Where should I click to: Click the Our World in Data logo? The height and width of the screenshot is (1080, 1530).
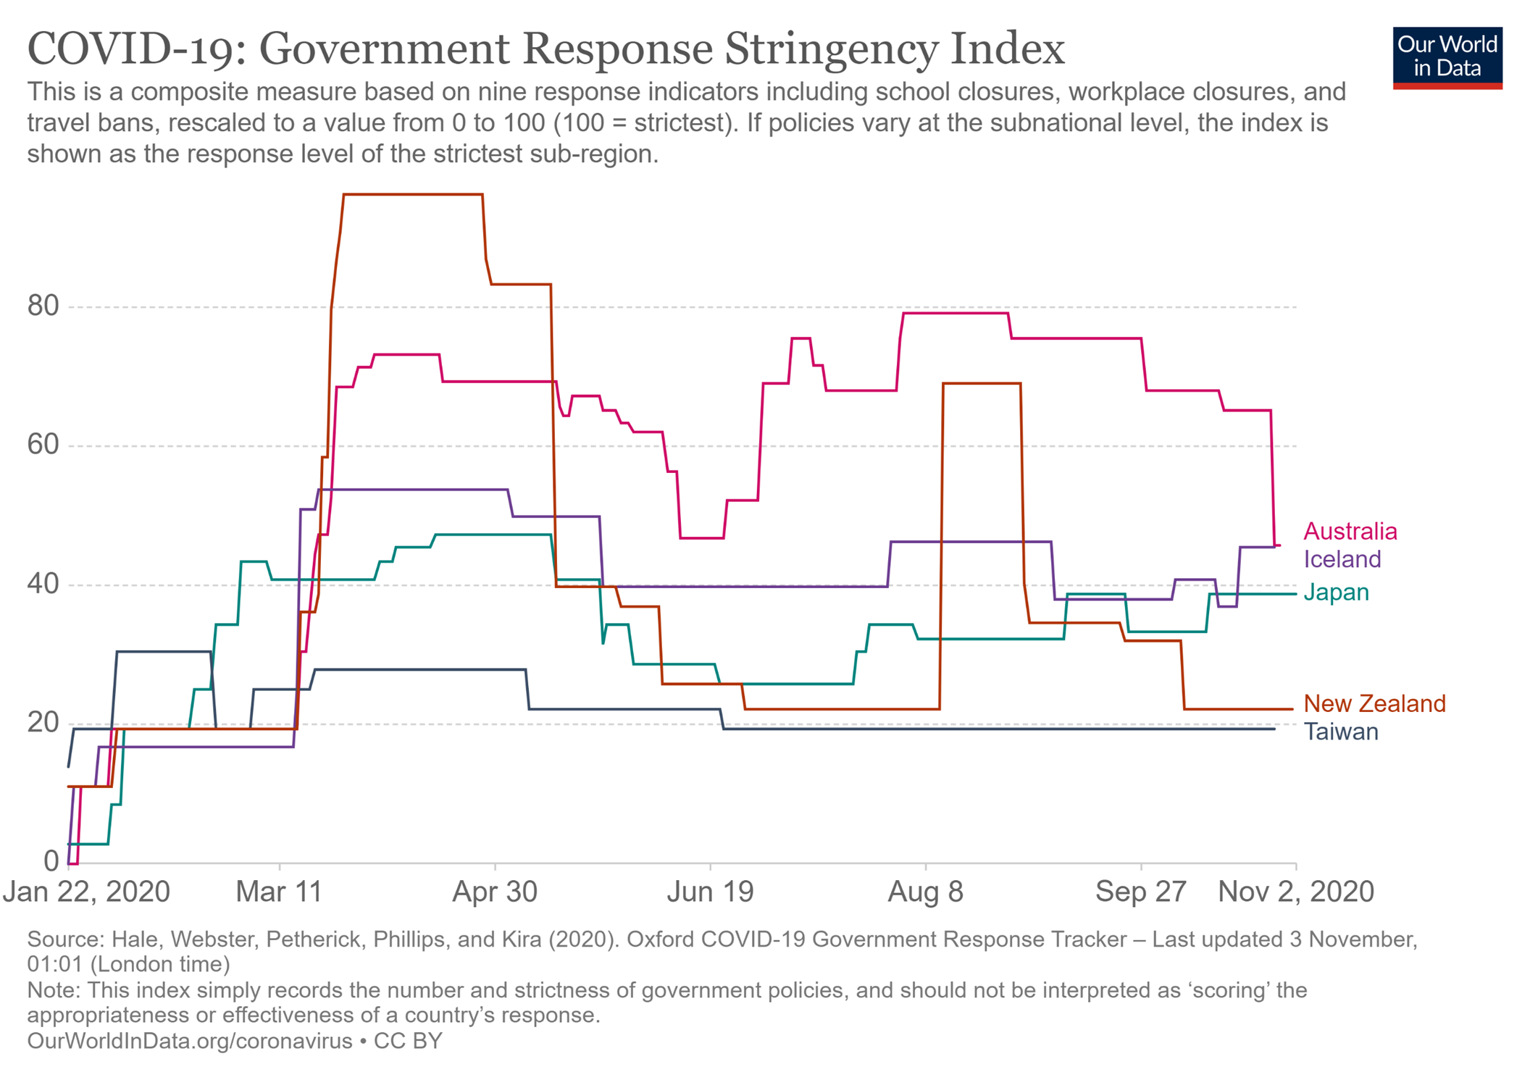coord(1447,58)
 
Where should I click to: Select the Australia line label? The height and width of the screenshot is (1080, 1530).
coord(1350,532)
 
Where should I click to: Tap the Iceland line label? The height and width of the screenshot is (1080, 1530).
coord(1342,559)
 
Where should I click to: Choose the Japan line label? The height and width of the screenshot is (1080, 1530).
coord(1336,593)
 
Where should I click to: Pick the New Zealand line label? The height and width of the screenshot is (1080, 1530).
coord(1374,703)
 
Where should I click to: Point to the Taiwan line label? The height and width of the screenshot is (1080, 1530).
coord(1341,732)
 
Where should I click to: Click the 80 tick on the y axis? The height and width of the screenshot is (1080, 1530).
coord(43,306)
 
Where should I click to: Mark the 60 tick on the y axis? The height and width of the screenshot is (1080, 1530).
coord(43,445)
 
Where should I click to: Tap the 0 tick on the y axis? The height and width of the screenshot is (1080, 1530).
coord(51,861)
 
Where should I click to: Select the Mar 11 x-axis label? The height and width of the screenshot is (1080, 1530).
coord(279,892)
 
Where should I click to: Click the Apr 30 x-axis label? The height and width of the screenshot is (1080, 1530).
coord(495,892)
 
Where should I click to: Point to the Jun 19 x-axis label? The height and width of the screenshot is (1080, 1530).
coord(710,892)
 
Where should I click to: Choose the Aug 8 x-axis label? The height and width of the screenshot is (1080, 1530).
coord(925,892)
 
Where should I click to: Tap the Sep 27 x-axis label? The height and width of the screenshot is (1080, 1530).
coord(1140,892)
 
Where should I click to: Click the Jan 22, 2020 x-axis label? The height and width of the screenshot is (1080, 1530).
coord(86,892)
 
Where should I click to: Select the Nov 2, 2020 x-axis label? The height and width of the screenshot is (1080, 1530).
coord(1295,892)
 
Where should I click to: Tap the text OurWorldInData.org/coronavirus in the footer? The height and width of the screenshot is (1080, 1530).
coord(190,1041)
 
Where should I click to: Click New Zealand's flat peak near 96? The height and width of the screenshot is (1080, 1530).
coord(413,194)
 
